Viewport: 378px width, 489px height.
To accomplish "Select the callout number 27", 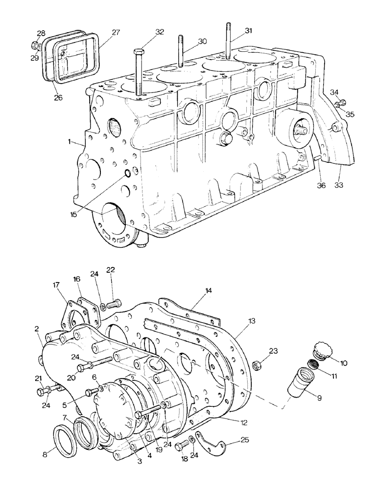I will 116,33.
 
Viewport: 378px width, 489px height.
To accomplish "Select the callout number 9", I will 319,398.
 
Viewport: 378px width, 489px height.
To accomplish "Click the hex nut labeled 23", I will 255,364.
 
